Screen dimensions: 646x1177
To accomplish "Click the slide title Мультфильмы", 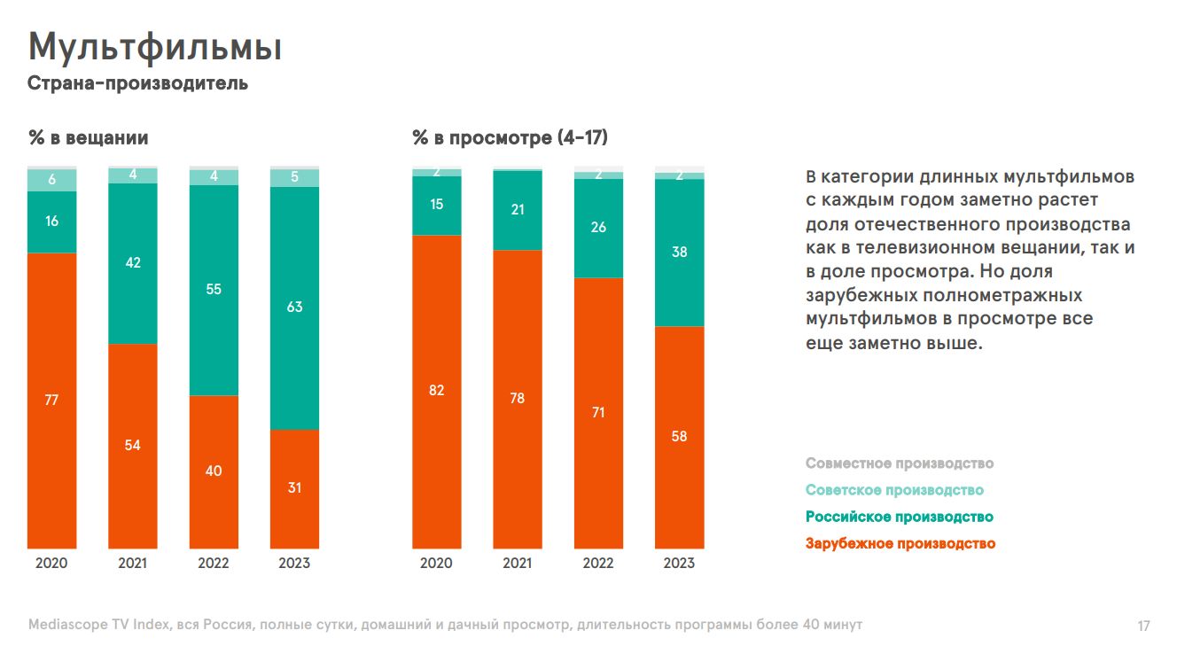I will pyautogui.click(x=155, y=48).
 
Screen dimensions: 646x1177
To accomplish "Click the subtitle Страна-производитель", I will pyautogui.click(x=137, y=84).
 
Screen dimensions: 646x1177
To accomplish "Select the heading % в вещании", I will pyautogui.click(x=89, y=138).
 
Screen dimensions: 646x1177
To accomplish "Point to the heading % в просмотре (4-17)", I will pyautogui.click(x=510, y=138).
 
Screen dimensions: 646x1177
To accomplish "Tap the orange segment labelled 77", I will pyautogui.click(x=51, y=401).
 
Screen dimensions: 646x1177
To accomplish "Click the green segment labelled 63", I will pyautogui.click(x=294, y=307).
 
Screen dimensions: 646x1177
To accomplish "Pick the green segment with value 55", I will pyautogui.click(x=214, y=290).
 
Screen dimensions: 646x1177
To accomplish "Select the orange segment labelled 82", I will pyautogui.click(x=436, y=391).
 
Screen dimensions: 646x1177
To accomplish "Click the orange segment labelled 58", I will pyautogui.click(x=679, y=437).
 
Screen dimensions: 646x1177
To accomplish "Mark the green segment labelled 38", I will pyautogui.click(x=679, y=253).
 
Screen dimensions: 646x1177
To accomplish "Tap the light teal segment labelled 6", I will pyautogui.click(x=51, y=180).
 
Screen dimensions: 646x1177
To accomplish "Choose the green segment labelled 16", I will pyautogui.click(x=51, y=222).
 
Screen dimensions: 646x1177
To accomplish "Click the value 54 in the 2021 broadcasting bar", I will pyautogui.click(x=132, y=445).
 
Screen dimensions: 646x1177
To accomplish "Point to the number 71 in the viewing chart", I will pyautogui.click(x=598, y=413).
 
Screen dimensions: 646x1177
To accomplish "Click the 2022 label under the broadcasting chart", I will pyautogui.click(x=214, y=563).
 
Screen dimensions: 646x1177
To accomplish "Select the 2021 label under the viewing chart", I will pyautogui.click(x=518, y=563).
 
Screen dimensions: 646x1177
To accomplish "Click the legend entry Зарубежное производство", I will pyautogui.click(x=900, y=543).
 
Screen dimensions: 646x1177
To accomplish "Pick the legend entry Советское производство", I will pyautogui.click(x=894, y=490).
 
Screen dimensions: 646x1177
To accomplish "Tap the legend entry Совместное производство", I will pyautogui.click(x=899, y=463).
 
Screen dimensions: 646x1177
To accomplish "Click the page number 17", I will pyautogui.click(x=1143, y=627).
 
